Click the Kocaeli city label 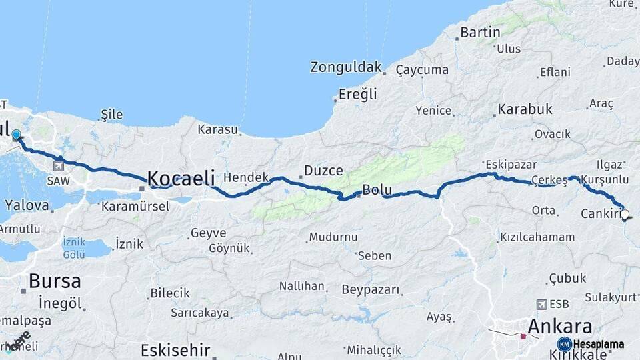pyautogui.click(x=181, y=179)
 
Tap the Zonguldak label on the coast pyautogui.click(x=346, y=67)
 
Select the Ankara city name pyautogui.click(x=559, y=327)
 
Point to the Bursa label pyautogui.click(x=54, y=281)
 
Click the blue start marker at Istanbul pyautogui.click(x=16, y=135)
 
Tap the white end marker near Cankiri pyautogui.click(x=625, y=215)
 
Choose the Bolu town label pyautogui.click(x=377, y=190)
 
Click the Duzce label pyautogui.click(x=323, y=171)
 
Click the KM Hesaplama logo pyautogui.click(x=591, y=344)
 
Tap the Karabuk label pyautogui.click(x=525, y=109)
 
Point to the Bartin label pyautogui.click(x=480, y=32)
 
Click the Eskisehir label pyautogui.click(x=175, y=350)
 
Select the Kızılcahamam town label pyautogui.click(x=536, y=237)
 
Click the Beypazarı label pyautogui.click(x=371, y=289)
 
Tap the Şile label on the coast pyautogui.click(x=111, y=115)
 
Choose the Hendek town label pyautogui.click(x=245, y=177)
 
